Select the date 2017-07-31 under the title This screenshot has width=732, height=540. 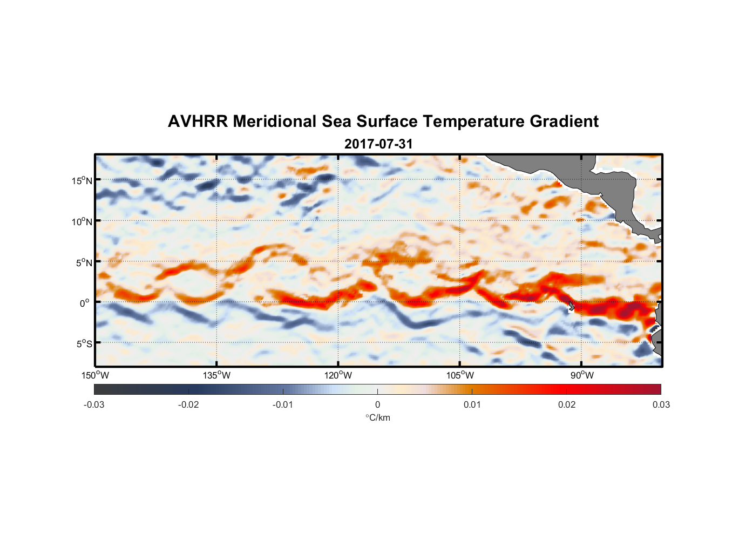(x=378, y=144)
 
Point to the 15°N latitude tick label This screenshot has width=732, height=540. (x=82, y=180)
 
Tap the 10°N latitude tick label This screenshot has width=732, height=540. (x=82, y=221)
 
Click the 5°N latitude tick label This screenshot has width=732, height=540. (x=84, y=262)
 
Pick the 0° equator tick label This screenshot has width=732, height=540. (x=85, y=303)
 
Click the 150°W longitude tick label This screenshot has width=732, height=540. (x=96, y=375)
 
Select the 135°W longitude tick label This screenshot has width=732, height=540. (x=217, y=375)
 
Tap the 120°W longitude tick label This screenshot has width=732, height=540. (x=338, y=375)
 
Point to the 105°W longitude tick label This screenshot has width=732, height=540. (x=460, y=375)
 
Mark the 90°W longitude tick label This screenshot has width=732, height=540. (x=582, y=375)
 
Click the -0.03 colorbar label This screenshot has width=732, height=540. (x=94, y=405)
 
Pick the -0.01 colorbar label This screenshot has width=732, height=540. (x=283, y=405)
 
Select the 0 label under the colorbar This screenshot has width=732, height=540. (x=377, y=405)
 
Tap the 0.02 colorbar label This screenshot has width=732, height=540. (x=567, y=405)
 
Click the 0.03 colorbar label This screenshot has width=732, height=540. (x=661, y=405)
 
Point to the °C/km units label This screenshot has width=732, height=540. (x=377, y=417)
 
